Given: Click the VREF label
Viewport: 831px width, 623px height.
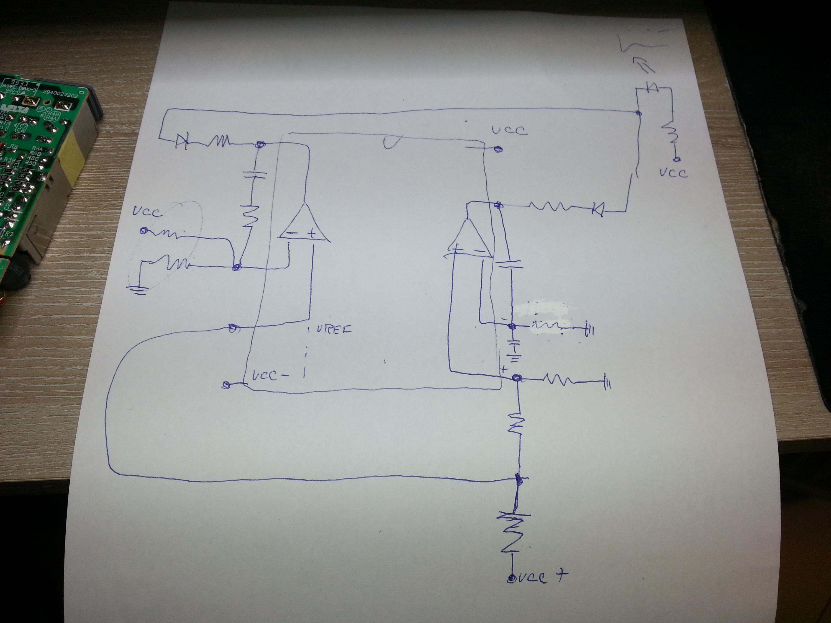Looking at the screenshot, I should (x=334, y=330).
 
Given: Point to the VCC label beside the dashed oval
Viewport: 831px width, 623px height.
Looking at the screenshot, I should (x=147, y=212).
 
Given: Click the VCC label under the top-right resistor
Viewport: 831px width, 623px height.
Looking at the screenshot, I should (x=673, y=173).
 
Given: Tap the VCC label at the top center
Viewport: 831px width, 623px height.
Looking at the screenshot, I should (x=509, y=130).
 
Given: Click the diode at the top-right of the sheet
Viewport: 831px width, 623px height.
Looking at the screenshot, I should (x=652, y=87).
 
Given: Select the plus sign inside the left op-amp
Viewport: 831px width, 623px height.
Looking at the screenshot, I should (x=311, y=234).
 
